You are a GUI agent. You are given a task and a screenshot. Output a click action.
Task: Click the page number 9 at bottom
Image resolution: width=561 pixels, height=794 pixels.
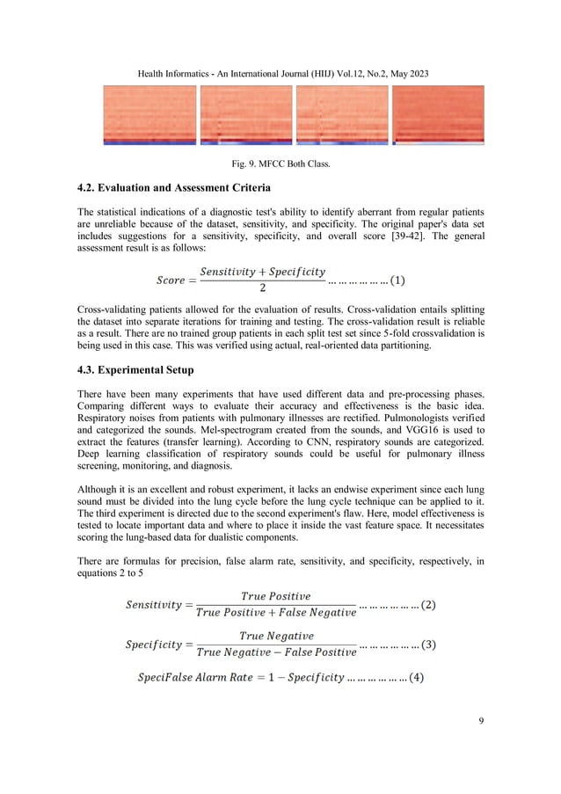click(x=481, y=722)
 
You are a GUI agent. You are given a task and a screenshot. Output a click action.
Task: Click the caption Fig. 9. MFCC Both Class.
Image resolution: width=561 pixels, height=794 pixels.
click(x=280, y=161)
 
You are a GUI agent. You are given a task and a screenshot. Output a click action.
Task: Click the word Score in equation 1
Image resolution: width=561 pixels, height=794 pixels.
click(x=171, y=281)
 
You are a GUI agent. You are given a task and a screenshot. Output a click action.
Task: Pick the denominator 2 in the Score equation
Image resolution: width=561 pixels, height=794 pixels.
click(x=263, y=291)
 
